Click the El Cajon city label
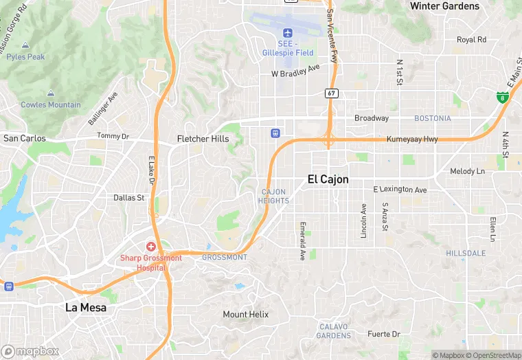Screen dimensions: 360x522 328,179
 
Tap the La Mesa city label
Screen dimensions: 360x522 86,308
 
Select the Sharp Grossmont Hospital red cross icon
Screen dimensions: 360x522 150,246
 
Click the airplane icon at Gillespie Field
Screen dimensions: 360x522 287,32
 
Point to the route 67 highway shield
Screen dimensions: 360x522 332,93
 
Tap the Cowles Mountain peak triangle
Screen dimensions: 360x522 50,93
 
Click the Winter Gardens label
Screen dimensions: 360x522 444,6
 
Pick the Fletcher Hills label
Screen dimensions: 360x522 203,139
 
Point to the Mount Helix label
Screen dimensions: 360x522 246,315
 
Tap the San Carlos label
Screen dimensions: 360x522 24,138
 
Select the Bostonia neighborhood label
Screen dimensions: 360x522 432,118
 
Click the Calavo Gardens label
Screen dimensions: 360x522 333,331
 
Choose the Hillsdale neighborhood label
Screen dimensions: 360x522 466,254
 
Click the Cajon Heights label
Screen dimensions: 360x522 273,196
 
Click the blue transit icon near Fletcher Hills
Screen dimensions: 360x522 275,133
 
